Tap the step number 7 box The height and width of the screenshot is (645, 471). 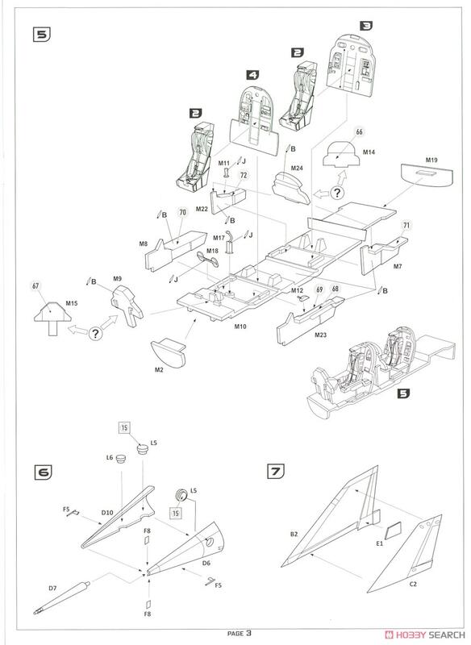pyautogui.click(x=277, y=471)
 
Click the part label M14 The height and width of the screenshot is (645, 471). pyautogui.click(x=369, y=152)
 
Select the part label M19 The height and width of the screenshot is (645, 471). pyautogui.click(x=431, y=160)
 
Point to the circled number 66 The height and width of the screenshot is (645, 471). pyautogui.click(x=360, y=132)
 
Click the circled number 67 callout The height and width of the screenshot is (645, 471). pyautogui.click(x=35, y=287)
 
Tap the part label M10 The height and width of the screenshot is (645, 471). pyautogui.click(x=240, y=327)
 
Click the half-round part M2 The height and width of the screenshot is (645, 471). pyautogui.click(x=168, y=353)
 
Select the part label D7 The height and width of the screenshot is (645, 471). pyautogui.click(x=52, y=589)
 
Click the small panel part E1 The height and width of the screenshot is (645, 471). pyautogui.click(x=394, y=531)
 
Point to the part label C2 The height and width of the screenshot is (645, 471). pyautogui.click(x=413, y=584)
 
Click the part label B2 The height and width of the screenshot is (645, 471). pyautogui.click(x=294, y=535)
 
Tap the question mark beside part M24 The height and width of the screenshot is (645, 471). pyautogui.click(x=337, y=193)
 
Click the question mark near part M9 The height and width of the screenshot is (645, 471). pyautogui.click(x=95, y=333)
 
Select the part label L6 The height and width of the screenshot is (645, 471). pyautogui.click(x=110, y=457)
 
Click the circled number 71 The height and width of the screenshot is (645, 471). pyautogui.click(x=406, y=225)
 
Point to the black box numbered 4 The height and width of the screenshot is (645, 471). pyautogui.click(x=253, y=75)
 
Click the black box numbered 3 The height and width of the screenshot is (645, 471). pyautogui.click(x=366, y=26)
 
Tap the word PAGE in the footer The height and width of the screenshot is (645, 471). pyautogui.click(x=235, y=634)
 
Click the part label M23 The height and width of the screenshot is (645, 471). pyautogui.click(x=321, y=335)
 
